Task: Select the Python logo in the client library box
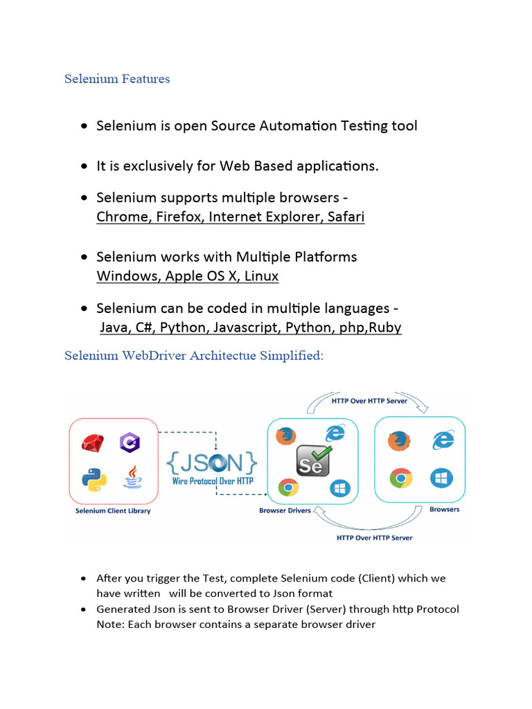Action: [93, 479]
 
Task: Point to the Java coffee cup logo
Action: [132, 478]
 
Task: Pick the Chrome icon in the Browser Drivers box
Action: [288, 487]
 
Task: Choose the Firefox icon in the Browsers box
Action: [398, 441]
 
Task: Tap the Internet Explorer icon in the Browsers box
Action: [443, 439]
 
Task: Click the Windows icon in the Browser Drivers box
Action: [339, 489]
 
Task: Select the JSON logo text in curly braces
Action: [213, 463]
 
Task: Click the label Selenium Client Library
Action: [113, 511]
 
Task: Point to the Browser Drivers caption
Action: [285, 511]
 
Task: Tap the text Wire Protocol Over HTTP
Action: [213, 481]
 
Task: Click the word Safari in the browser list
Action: [345, 217]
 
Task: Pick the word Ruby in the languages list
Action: [385, 327]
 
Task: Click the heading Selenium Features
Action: [117, 79]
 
